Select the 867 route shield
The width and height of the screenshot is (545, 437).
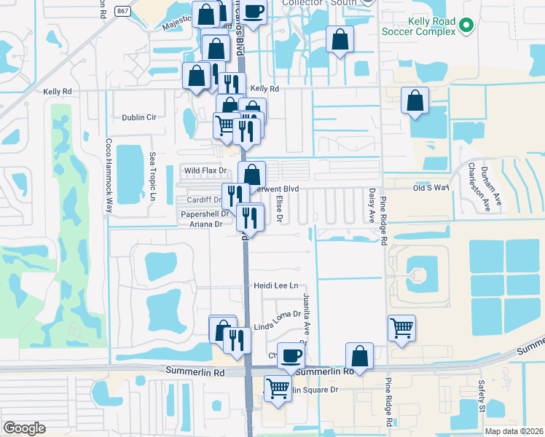[123, 11]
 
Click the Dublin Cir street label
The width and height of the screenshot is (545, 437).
[139, 117]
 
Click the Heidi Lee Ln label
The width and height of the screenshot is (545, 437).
[275, 286]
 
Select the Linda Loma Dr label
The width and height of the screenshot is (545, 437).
[277, 314]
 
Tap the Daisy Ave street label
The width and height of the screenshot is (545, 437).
[372, 203]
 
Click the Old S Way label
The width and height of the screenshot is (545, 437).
[429, 188]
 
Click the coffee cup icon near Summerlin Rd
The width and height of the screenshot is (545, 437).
[291, 355]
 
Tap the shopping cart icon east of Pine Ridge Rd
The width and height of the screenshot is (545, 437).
[401, 328]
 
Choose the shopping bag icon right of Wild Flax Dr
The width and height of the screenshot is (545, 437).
[251, 174]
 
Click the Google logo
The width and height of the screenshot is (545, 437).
[24, 428]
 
